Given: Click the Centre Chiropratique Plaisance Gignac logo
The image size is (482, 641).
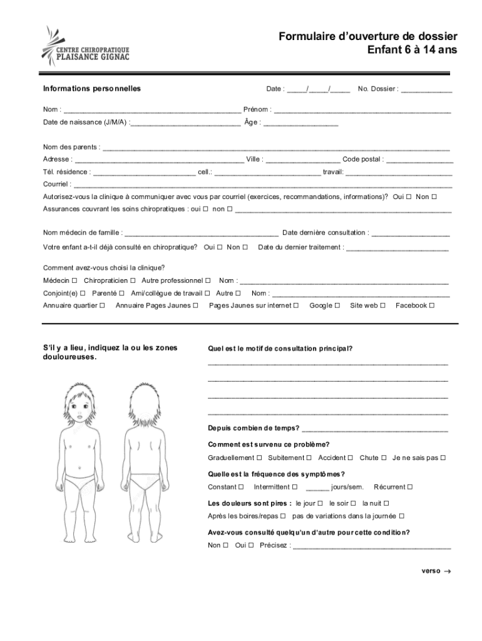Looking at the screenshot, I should [x=85, y=46].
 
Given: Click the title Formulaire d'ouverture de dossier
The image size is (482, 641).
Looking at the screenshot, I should [x=368, y=37].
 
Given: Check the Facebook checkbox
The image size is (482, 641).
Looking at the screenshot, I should [x=432, y=305].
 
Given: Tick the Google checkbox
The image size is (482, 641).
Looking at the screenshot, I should [x=337, y=305].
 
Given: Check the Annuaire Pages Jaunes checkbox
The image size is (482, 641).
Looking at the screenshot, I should [x=195, y=305].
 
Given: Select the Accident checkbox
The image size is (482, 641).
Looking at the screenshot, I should [x=351, y=458].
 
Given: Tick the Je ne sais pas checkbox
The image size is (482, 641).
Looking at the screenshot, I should [x=443, y=458].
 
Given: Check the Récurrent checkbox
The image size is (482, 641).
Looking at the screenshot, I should [x=409, y=487].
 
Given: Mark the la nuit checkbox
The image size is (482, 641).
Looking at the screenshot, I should [x=386, y=503].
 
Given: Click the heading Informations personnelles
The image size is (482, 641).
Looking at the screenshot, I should [x=92, y=89].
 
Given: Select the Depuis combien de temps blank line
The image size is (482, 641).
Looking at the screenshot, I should [x=375, y=430].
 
